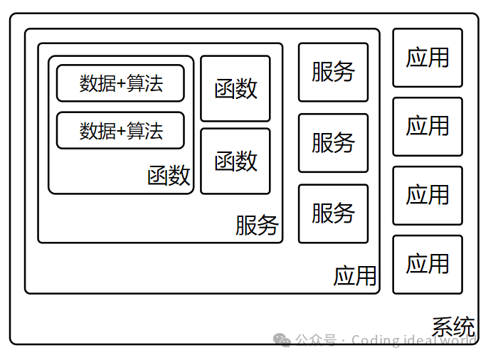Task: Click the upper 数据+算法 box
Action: coord(120,83)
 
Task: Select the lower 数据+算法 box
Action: coord(120,130)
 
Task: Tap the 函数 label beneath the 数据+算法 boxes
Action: coord(169,176)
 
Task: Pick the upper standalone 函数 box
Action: coord(235,89)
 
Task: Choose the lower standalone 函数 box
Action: coord(235,162)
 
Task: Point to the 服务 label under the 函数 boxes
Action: coord(257,226)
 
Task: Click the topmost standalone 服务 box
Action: coord(333,72)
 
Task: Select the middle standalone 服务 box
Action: coord(333,143)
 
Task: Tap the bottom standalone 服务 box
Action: coord(333,213)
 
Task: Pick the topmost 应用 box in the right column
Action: coord(428,58)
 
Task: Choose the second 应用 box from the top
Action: coord(428,127)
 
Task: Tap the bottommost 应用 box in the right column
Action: coord(428,265)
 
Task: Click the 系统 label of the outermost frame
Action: coord(453,327)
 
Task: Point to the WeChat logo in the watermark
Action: coord(283,340)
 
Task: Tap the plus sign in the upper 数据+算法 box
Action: coord(121,84)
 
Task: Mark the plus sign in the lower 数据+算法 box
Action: coord(121,131)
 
